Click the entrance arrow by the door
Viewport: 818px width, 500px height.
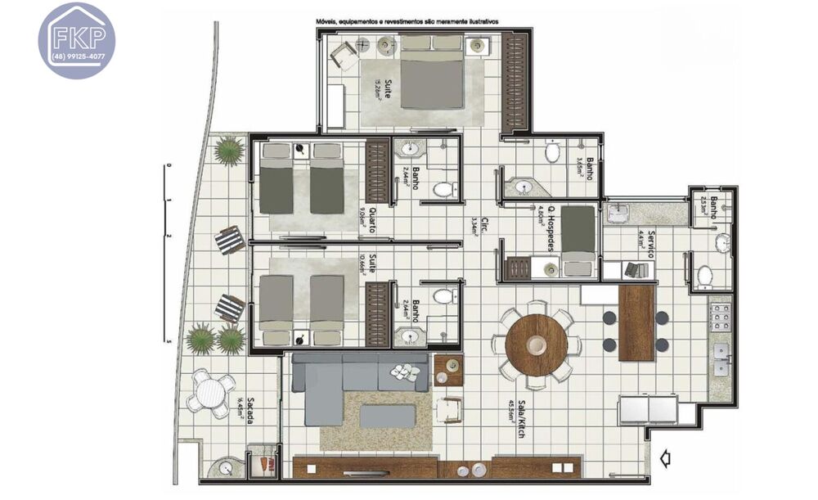(664, 460)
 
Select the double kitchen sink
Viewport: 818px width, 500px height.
(721, 358)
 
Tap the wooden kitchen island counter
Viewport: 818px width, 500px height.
(636, 322)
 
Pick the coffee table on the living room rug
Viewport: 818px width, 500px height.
(387, 416)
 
